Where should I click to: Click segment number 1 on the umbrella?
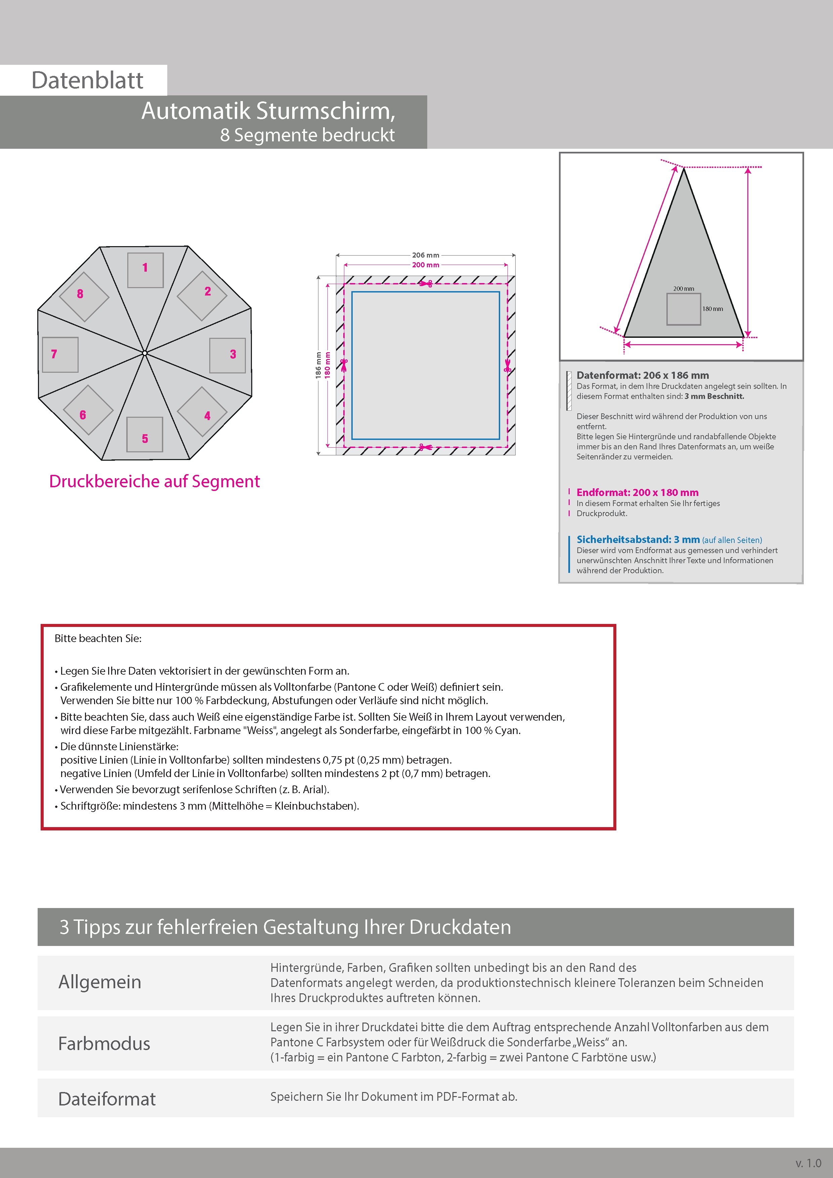145,267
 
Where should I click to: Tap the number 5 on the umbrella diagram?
145,439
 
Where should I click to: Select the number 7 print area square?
60,355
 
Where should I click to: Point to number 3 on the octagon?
233,354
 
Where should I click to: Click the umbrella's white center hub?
145,353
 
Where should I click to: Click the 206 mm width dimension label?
426,255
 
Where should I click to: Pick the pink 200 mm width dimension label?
426,265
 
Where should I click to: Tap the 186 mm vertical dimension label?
318,365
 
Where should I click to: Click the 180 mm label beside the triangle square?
712,309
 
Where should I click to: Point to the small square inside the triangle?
683,309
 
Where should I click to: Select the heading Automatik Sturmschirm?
268,111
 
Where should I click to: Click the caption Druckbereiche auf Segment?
155,481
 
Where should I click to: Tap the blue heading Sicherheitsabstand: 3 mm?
638,539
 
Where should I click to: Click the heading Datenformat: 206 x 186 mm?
643,375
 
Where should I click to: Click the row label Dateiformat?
107,1099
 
